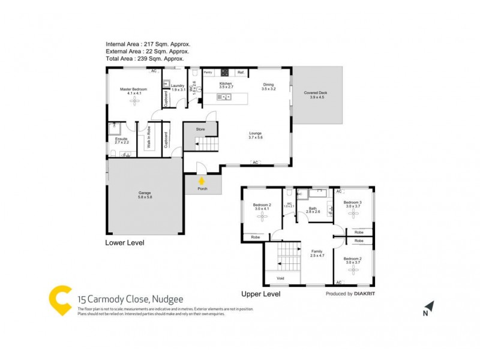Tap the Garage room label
point(145,193)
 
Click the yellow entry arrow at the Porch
point(202,179)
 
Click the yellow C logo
point(60,301)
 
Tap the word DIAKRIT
point(366,294)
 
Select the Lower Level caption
point(125,243)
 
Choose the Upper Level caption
point(261,294)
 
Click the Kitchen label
point(226,83)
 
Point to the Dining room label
point(268,85)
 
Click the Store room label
point(200,128)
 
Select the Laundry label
point(177,86)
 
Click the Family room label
point(317,251)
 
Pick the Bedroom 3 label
point(352,203)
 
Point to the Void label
point(280,278)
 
